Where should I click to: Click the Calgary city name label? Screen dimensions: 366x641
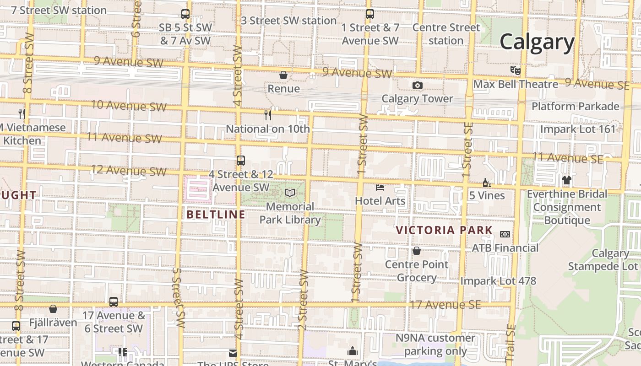point(537,42)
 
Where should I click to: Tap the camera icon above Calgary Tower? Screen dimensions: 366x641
point(417,85)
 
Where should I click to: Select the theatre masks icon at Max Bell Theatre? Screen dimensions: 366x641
point(516,70)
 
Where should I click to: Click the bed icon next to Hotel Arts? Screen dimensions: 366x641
point(380,187)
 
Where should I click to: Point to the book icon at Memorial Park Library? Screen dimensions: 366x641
point(290,193)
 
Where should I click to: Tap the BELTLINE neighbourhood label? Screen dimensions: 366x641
point(216,214)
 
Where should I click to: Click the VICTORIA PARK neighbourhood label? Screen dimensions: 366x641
point(444,230)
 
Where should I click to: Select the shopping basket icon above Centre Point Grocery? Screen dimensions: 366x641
point(417,251)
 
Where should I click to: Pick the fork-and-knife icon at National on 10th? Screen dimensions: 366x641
point(268,115)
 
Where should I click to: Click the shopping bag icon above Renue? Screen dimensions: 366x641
point(283,75)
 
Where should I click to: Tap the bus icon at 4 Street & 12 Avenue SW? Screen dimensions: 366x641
point(241,161)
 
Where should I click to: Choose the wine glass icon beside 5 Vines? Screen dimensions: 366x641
point(487,183)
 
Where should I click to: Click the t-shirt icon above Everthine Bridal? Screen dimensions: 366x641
point(567,180)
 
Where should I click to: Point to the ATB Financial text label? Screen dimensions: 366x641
point(505,248)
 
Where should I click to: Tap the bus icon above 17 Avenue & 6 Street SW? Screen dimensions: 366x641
point(114,302)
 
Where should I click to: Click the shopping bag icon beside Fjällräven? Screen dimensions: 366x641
point(53,309)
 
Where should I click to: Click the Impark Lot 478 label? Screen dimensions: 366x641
point(498,280)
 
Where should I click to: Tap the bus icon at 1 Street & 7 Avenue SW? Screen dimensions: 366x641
point(370,14)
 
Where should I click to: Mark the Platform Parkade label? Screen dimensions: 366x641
point(575,106)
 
